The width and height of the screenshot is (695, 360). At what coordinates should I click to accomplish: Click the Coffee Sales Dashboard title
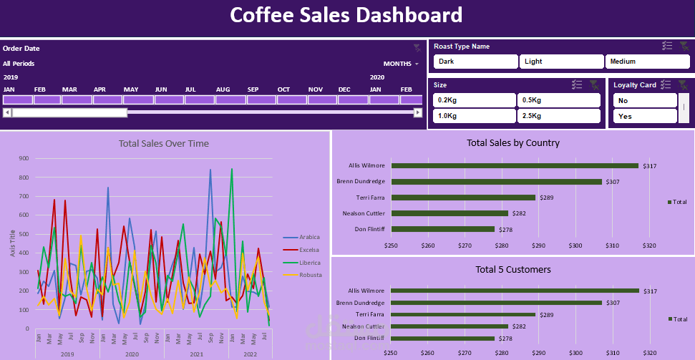[346, 15]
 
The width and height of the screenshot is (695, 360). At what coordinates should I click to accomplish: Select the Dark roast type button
[475, 62]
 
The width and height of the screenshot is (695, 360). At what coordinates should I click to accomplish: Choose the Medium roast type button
[648, 62]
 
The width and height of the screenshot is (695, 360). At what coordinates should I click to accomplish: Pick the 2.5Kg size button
[558, 116]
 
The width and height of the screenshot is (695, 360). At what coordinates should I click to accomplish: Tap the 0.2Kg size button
[473, 99]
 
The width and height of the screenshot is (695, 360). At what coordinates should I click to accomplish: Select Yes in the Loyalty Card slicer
[645, 116]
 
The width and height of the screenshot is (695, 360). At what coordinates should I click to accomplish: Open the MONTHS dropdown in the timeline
[401, 64]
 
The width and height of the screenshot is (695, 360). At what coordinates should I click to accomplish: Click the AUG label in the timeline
[223, 89]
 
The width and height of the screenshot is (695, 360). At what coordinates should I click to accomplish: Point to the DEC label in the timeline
[344, 89]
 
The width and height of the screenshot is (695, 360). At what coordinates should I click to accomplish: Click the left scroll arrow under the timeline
[7, 112]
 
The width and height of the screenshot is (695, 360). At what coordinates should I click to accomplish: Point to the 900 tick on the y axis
[24, 159]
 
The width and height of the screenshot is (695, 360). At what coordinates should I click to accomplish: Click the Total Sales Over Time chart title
[164, 144]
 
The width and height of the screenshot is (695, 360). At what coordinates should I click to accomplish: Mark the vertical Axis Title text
[12, 244]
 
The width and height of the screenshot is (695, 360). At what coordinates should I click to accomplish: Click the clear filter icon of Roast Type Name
[684, 46]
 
